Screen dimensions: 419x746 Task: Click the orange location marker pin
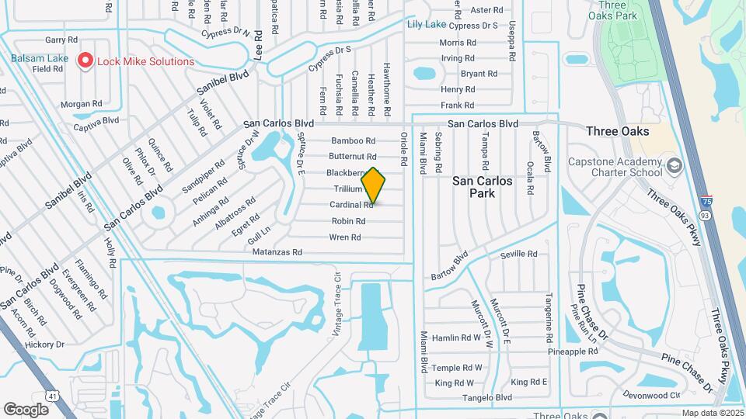373,185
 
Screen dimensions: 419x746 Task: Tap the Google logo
26,409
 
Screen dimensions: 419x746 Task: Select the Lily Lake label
425,24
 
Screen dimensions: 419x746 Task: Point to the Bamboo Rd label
354,140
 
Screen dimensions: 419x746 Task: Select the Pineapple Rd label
572,351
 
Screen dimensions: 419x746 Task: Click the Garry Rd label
61,39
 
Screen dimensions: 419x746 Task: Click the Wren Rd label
345,237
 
